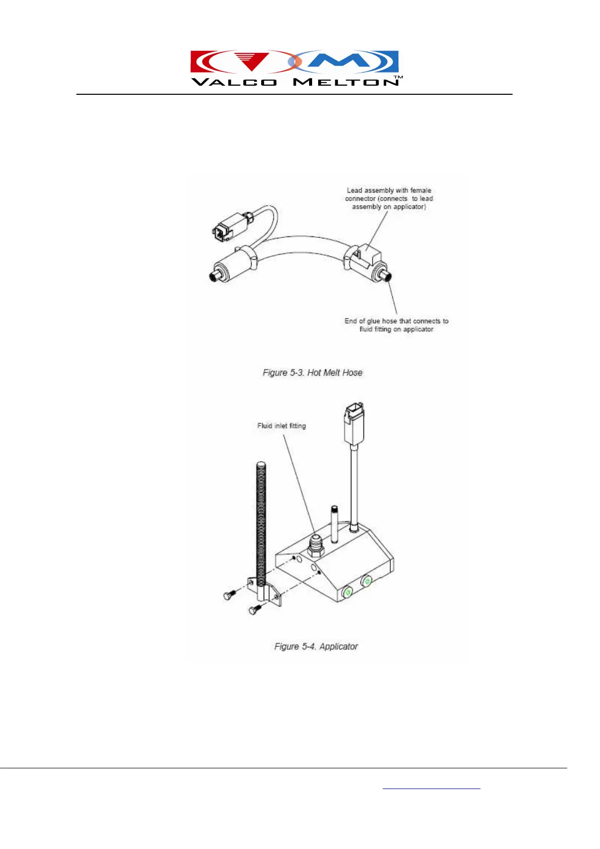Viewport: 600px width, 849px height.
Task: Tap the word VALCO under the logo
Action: pos(234,82)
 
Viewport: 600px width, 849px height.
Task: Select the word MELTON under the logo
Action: pos(346,82)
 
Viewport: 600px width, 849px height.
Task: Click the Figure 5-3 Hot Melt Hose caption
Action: pos(312,373)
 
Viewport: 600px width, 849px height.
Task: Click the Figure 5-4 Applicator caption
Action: pos(316,646)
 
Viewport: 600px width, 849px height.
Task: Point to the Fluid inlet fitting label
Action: pos(281,426)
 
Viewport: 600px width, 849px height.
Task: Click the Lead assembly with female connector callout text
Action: pos(389,199)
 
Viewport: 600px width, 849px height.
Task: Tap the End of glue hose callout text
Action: pos(396,325)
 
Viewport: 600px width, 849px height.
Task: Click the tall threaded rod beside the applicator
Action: pos(261,524)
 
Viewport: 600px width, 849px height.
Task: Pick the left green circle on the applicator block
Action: pos(347,592)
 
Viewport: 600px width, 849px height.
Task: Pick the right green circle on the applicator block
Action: pos(367,582)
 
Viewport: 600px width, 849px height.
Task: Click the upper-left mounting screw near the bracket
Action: pos(229,595)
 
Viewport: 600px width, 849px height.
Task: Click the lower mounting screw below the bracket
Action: pos(254,610)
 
